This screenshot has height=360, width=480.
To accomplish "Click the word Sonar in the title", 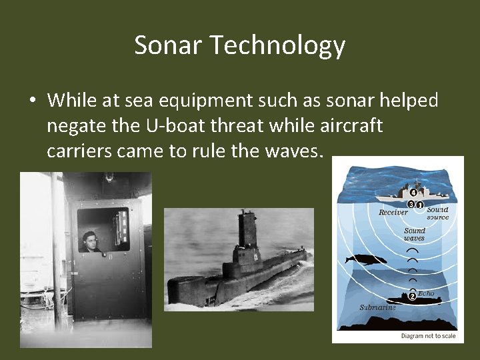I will click(x=169, y=45).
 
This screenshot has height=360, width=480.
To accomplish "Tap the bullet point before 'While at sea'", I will click(x=32, y=101).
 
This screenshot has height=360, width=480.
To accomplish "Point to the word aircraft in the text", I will click(x=351, y=126).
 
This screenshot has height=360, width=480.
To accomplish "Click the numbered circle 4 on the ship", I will click(x=413, y=193).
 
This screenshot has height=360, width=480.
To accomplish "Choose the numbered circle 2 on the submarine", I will click(x=411, y=296).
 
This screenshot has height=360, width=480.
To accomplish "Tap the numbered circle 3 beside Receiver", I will click(x=411, y=204).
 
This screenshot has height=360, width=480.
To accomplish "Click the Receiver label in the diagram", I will click(x=393, y=212).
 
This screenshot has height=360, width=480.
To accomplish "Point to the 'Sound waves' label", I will click(x=414, y=235).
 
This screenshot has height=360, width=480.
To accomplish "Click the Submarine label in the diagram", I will click(x=377, y=307).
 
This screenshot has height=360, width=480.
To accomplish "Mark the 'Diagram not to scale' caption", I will click(x=428, y=336).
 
